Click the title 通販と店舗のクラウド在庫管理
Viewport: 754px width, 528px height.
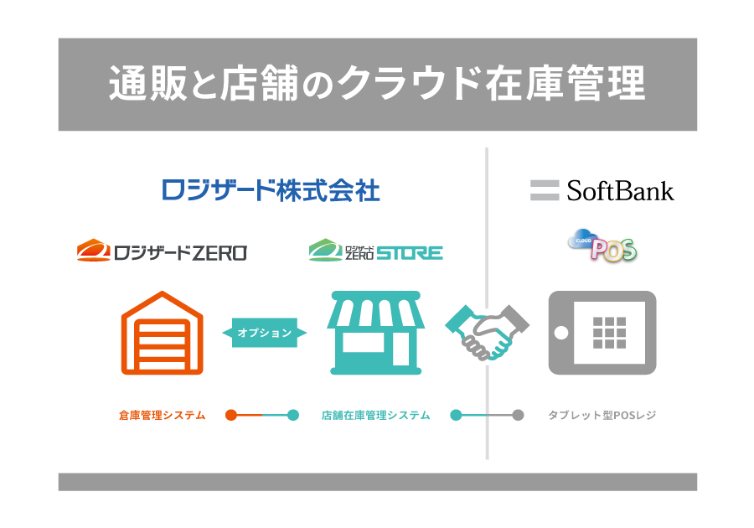click(x=377, y=84)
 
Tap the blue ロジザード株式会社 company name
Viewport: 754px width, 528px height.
click(x=271, y=190)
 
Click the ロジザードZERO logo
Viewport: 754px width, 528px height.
click(x=162, y=251)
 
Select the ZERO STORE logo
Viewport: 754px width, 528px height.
click(x=375, y=251)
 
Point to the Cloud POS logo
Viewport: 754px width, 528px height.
click(x=602, y=245)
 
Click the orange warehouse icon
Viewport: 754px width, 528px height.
click(x=163, y=333)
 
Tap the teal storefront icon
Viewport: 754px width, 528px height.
click(x=376, y=333)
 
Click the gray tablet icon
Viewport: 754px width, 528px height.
click(x=602, y=333)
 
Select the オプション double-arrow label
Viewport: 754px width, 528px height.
click(x=265, y=333)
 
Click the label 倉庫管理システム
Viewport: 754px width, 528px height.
click(x=163, y=415)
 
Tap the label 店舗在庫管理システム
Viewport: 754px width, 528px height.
click(x=376, y=415)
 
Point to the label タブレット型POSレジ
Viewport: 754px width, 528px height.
click(x=602, y=415)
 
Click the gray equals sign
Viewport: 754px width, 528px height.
click(x=545, y=190)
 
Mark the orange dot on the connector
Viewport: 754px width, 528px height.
click(x=231, y=414)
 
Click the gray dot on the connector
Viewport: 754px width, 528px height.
click(x=518, y=414)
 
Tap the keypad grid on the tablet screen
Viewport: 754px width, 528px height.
click(x=609, y=333)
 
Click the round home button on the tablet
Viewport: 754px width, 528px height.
click(x=561, y=333)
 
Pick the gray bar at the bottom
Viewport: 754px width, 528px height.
click(x=377, y=482)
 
